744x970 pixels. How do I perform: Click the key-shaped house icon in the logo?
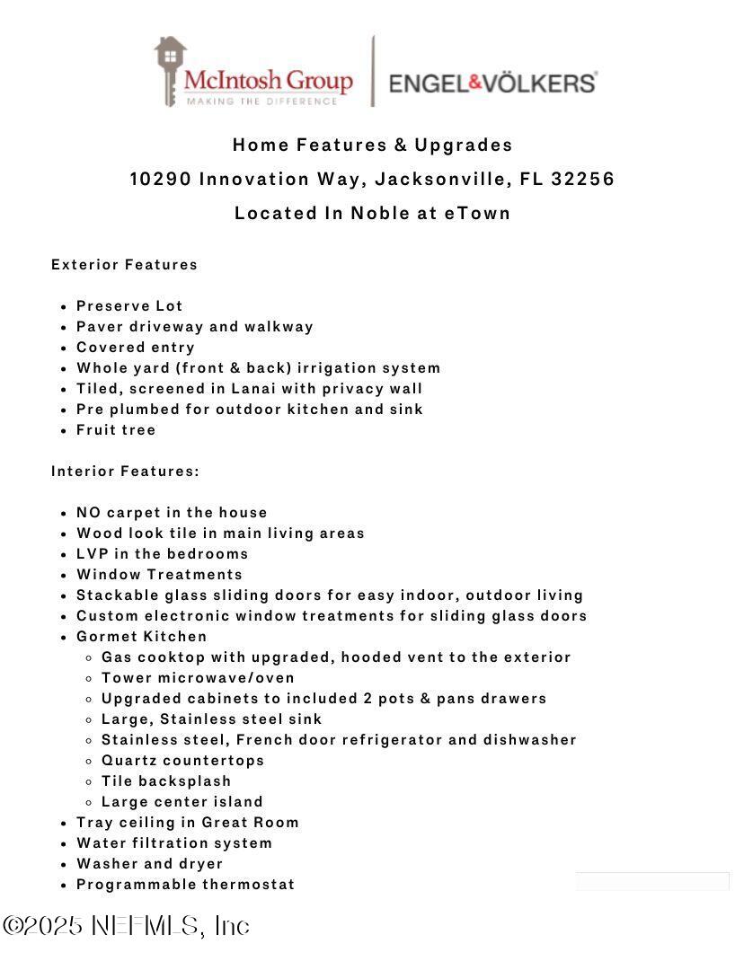169,70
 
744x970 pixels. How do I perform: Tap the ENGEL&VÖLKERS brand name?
492,84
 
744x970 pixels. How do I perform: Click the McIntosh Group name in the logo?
268,81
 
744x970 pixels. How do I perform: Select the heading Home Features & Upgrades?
372,145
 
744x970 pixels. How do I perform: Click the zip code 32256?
582,179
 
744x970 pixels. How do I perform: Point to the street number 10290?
160,179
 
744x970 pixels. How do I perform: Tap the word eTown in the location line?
477,213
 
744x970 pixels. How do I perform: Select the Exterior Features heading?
124,264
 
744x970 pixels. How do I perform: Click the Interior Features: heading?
125,471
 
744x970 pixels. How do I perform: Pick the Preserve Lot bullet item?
129,305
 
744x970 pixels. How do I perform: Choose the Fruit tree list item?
116,429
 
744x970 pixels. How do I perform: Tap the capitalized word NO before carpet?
88,512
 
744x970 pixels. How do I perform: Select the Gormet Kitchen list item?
141,636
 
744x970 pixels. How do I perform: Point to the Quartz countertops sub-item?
182,760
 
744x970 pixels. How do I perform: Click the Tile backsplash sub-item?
166,780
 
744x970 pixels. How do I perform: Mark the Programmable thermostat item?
185,884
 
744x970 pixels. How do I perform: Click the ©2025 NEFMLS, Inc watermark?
126,926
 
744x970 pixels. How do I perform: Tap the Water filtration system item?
174,842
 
